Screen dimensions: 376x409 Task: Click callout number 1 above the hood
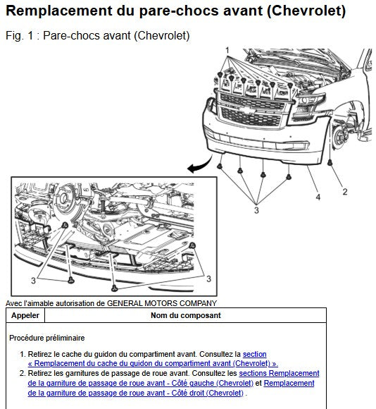[x=227, y=50]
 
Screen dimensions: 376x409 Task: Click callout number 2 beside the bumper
[x=345, y=192]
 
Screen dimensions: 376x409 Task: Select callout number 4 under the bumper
[x=318, y=197]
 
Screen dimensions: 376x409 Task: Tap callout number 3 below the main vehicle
[x=256, y=210]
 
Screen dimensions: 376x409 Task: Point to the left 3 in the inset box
[x=33, y=281]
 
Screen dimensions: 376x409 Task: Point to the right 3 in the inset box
[x=208, y=279]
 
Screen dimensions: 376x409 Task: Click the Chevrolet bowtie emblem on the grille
[x=249, y=111]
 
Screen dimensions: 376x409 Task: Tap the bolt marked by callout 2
[x=330, y=163]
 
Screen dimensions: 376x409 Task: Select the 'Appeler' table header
[x=25, y=315]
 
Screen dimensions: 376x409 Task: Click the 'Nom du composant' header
[x=186, y=315]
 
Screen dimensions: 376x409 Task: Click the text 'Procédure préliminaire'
[x=47, y=338]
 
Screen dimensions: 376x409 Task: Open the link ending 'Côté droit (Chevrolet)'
[x=136, y=393]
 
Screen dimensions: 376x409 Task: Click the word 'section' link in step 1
[x=254, y=354]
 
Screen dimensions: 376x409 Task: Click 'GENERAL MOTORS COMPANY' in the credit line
[x=162, y=303]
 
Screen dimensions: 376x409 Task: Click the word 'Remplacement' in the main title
[x=59, y=11]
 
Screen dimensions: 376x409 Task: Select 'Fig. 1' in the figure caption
[x=20, y=35]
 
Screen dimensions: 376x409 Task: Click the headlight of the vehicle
[x=310, y=104]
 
